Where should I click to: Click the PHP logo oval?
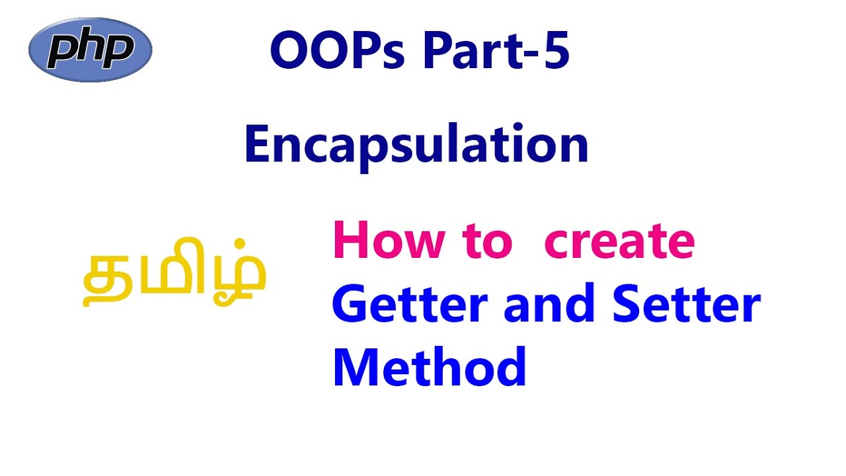[91, 50]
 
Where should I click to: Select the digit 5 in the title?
[555, 53]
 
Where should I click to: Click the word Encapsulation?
[416, 145]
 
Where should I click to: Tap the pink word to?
[488, 242]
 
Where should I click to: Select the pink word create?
[619, 242]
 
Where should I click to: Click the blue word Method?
[430, 367]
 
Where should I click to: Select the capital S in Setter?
[628, 306]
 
